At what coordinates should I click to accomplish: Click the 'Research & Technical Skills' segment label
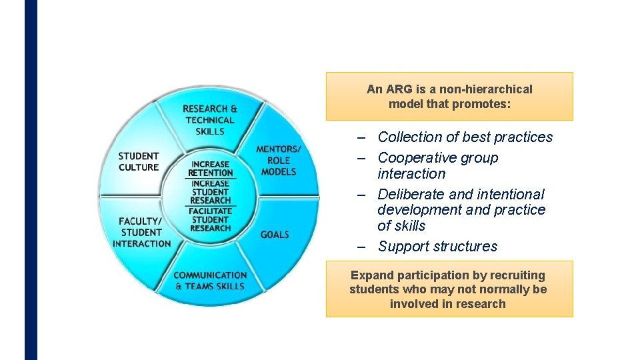[x=210, y=120]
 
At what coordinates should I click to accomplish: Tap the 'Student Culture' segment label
[x=139, y=162]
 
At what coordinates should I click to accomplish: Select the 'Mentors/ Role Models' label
[x=279, y=160]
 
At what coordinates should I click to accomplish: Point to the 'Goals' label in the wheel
[x=275, y=235]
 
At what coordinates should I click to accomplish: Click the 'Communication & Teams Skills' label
[x=210, y=281]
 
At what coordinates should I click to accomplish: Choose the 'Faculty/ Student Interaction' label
[x=141, y=232]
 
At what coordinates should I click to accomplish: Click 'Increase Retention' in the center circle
[x=210, y=169]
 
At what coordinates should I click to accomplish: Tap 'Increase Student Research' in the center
[x=210, y=192]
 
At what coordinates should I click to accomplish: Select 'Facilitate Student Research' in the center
[x=210, y=219]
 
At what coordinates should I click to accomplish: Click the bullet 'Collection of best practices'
[x=465, y=137]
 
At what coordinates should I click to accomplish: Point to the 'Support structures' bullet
[x=437, y=246]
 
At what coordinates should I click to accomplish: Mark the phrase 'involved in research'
[x=448, y=304]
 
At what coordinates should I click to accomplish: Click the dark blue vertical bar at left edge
[x=31, y=180]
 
